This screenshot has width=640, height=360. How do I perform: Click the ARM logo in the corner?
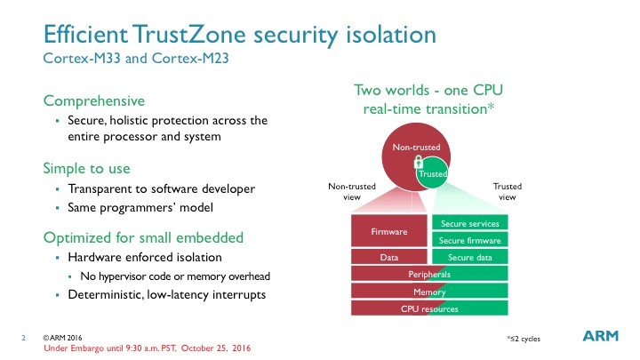[600, 335]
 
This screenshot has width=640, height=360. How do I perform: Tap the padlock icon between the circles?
[419, 163]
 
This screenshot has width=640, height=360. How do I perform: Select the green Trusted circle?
[433, 174]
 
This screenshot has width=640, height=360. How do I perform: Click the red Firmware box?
[389, 231]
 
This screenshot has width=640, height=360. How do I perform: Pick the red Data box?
[389, 257]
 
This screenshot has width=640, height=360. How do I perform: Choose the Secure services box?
[470, 223]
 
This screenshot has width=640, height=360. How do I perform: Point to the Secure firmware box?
[470, 240]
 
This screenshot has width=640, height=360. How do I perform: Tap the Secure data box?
[470, 257]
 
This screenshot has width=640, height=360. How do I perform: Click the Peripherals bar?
[429, 274]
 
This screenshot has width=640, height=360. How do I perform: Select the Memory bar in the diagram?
[429, 292]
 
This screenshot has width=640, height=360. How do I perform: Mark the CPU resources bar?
[429, 308]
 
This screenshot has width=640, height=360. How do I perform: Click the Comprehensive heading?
[94, 100]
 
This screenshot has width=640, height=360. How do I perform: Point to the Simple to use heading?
[86, 168]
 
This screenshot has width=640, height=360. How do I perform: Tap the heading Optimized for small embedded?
[143, 237]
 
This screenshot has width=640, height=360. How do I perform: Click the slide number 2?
[23, 338]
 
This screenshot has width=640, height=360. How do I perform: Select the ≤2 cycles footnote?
[524, 339]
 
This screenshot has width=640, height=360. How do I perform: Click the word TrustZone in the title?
[188, 34]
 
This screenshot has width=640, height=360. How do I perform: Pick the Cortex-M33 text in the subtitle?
[82, 58]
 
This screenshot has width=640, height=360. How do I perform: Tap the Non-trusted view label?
[352, 191]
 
